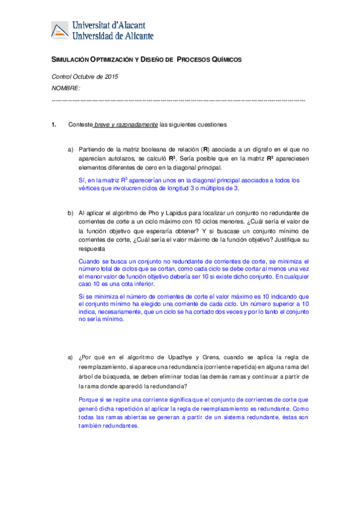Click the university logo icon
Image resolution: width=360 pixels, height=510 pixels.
[59, 31]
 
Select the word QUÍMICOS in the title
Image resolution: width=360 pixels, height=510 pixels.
[224, 60]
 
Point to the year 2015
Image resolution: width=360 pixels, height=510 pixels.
[111, 76]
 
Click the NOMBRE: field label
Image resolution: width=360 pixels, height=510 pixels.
[66, 88]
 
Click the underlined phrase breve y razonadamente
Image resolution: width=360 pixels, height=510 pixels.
[126, 125]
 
